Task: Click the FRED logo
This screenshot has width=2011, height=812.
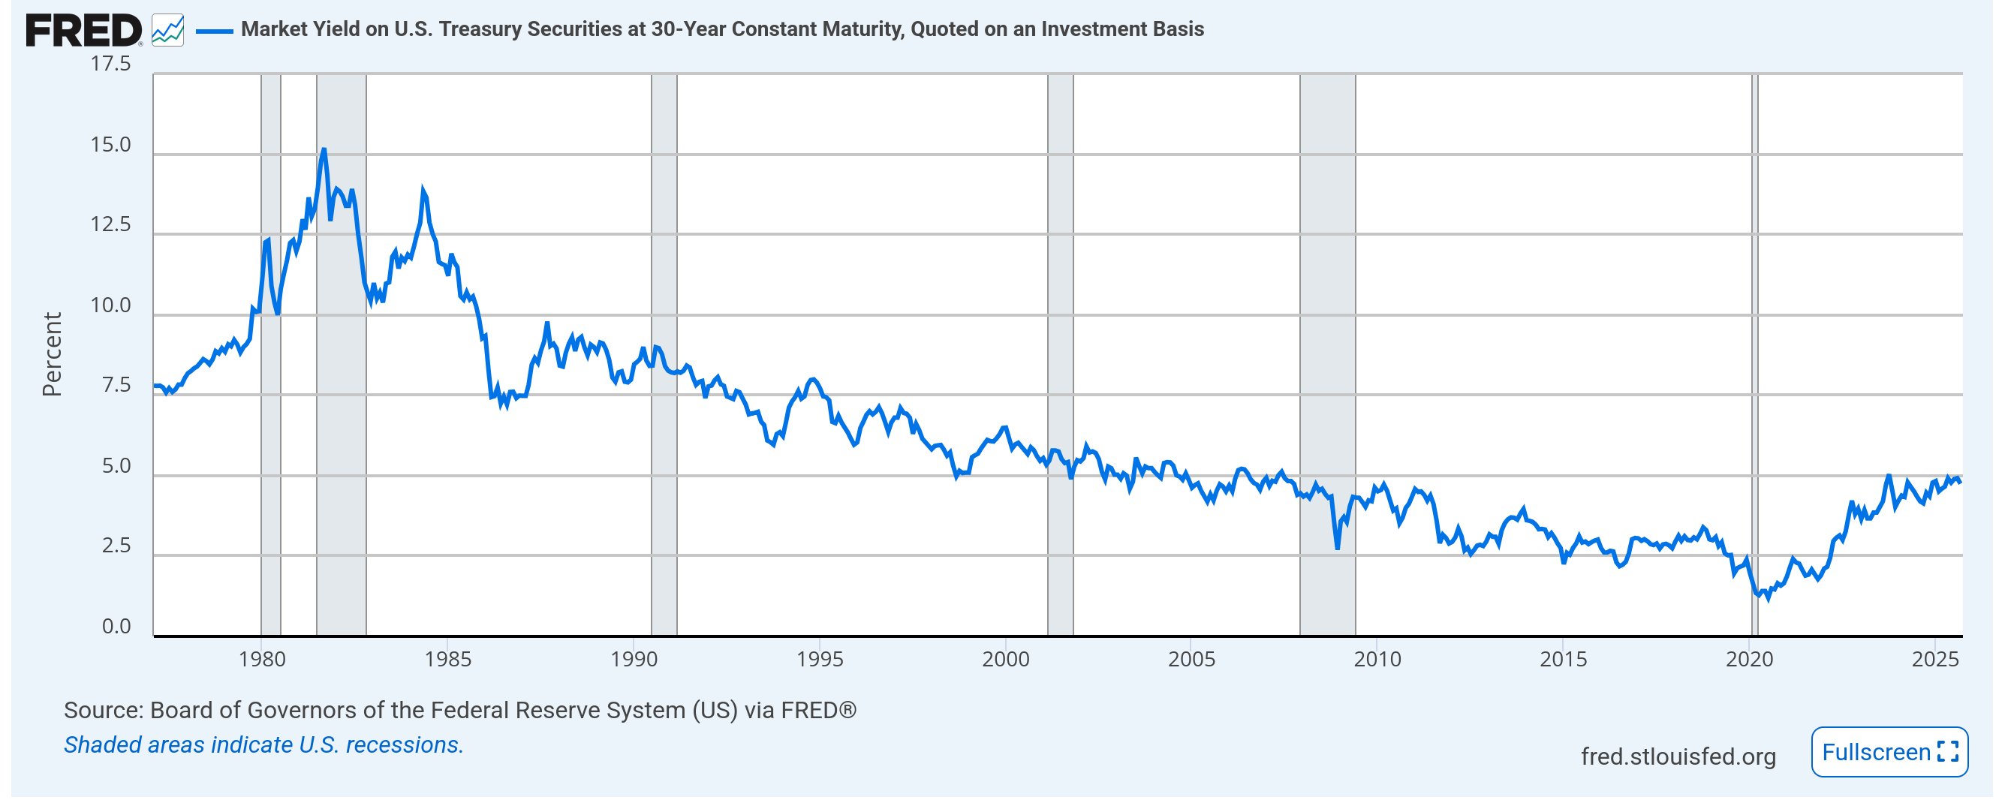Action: tap(83, 32)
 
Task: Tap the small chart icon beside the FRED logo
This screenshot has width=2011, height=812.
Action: tap(168, 32)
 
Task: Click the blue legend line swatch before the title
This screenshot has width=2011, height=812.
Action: tap(214, 32)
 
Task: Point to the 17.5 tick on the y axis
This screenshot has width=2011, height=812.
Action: tap(111, 64)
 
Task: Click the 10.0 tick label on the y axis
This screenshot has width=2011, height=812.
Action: tap(111, 306)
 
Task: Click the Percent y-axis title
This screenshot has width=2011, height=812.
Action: tap(52, 355)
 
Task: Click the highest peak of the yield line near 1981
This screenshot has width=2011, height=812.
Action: tap(324, 150)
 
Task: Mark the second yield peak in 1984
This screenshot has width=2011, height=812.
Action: tap(423, 191)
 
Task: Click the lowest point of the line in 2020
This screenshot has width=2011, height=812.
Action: tap(1769, 599)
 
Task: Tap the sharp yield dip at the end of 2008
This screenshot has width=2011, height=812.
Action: tap(1337, 547)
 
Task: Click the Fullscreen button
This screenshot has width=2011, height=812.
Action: tap(1889, 753)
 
